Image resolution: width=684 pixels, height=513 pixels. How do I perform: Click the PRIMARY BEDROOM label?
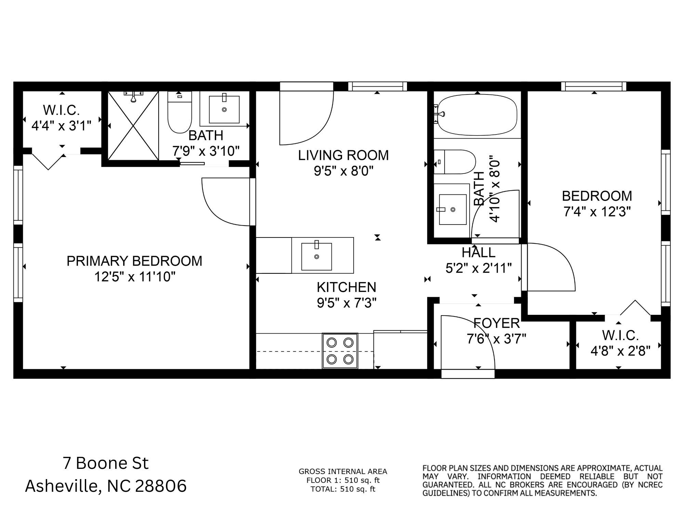134,261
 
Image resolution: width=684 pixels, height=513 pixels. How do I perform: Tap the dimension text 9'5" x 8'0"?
343,171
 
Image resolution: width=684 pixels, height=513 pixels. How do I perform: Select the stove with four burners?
340,351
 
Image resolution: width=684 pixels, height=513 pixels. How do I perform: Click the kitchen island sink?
316,256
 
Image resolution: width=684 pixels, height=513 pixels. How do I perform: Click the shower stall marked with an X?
133,126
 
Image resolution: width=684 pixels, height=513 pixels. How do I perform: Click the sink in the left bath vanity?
224,110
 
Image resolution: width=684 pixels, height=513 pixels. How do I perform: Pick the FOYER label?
497,323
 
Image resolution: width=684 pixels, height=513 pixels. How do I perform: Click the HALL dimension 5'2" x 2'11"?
478,268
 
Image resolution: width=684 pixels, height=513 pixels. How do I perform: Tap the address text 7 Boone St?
106,463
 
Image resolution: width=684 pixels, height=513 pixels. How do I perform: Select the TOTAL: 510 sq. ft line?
343,489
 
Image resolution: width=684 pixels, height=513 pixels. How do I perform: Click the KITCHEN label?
346,287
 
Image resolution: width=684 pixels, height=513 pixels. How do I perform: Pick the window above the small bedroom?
594,86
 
